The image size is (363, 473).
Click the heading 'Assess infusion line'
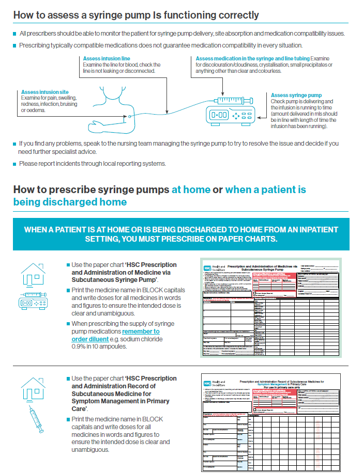pos(107,59)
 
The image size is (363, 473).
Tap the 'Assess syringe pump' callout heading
pos(296,96)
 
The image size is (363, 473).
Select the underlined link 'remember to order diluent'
pos(115,335)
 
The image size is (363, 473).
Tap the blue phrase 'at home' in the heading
pos(191,190)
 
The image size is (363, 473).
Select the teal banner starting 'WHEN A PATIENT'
pos(181,234)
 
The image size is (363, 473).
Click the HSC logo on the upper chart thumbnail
pos(207,269)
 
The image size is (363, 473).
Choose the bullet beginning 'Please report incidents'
pos(92,164)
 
